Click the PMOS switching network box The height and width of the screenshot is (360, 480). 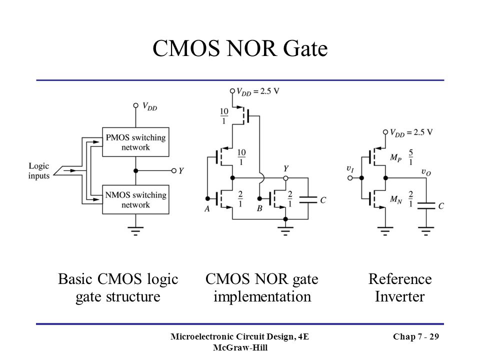(135, 142)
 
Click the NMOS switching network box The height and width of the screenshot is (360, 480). (135, 199)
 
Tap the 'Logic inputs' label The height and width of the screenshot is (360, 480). (39, 171)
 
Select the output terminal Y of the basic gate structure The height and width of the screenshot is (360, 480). (174, 171)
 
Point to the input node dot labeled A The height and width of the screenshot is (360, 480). (207, 198)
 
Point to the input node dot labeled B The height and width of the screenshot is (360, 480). (259, 198)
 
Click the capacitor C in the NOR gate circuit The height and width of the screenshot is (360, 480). (308, 200)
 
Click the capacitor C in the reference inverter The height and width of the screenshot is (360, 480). (426, 205)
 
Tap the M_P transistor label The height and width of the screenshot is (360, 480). (395, 158)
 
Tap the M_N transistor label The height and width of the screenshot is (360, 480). (396, 200)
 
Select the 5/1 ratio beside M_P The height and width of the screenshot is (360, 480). (411, 157)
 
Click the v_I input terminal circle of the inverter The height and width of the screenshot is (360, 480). (350, 178)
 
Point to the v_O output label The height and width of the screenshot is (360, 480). (426, 172)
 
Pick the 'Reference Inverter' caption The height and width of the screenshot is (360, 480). (400, 288)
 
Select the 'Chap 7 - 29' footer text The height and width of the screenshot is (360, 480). (416, 336)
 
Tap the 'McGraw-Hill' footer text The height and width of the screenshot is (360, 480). (240, 348)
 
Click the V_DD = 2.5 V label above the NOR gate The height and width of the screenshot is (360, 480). (258, 91)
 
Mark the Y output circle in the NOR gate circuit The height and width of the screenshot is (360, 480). (285, 178)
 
